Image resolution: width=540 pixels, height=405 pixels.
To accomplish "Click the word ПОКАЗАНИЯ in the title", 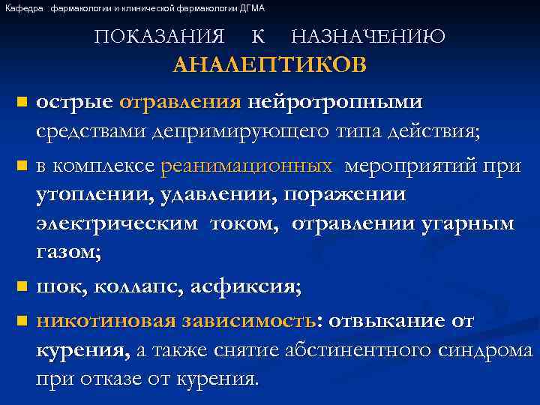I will (160, 36).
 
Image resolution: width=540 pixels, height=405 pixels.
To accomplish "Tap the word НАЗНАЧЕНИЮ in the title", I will (367, 36).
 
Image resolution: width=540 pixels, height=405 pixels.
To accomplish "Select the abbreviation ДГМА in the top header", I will (253, 8).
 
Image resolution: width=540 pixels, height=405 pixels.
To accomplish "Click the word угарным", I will (474, 224).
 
